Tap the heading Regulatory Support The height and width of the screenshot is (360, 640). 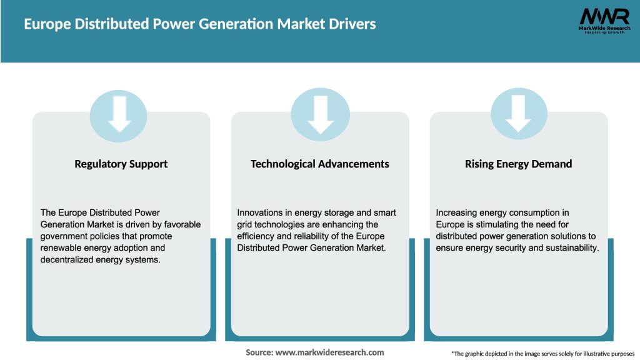point(121,164)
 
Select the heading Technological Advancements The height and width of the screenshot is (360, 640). point(319,164)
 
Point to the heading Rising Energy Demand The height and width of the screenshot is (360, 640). point(518,164)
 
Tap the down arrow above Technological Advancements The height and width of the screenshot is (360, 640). point(320,112)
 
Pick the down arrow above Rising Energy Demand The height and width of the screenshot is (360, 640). point(519,112)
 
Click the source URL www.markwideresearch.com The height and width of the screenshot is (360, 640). point(329,352)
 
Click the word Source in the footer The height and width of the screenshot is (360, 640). point(259,352)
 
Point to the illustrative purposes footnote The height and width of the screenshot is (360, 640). point(542,354)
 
